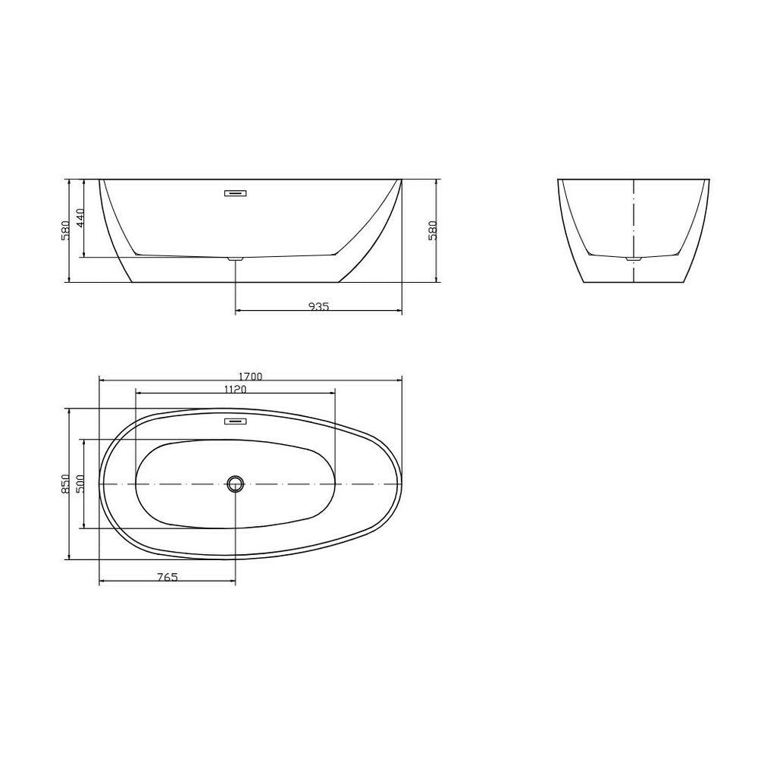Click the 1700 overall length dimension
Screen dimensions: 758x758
(x=250, y=377)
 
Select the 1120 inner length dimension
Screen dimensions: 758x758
(x=236, y=389)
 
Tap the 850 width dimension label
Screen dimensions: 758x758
(x=66, y=484)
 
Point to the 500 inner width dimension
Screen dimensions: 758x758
(x=80, y=484)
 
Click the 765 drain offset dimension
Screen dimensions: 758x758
(x=168, y=577)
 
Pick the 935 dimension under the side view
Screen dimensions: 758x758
(x=318, y=306)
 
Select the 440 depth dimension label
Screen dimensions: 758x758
(x=80, y=218)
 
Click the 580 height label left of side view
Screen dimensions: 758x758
(x=66, y=230)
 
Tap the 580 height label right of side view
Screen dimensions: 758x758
(x=432, y=230)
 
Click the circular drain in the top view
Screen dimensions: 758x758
(x=236, y=484)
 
